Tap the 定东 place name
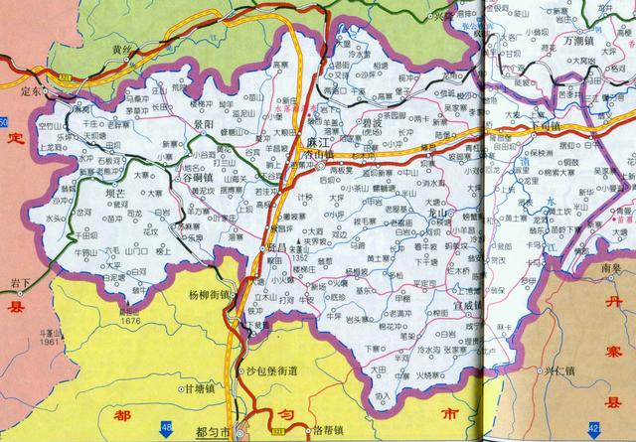click(34, 89)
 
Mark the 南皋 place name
click(604, 267)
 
